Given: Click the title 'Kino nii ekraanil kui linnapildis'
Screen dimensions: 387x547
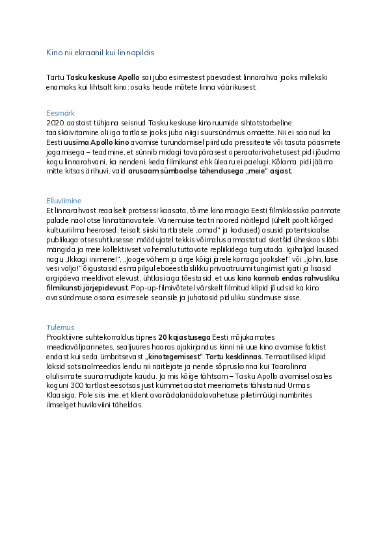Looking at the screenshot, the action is pyautogui.click(x=100, y=52).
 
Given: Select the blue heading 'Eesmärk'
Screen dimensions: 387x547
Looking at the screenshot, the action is pyautogui.click(x=60, y=113).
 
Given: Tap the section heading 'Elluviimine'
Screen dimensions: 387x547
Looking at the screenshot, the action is pyautogui.click(x=64, y=201).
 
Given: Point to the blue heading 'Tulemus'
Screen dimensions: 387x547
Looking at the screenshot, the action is pyautogui.click(x=60, y=327).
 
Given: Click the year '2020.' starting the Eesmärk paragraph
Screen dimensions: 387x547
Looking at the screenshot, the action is pyautogui.click(x=55, y=122).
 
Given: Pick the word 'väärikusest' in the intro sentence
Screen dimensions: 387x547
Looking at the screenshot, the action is pyautogui.click(x=237, y=87).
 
